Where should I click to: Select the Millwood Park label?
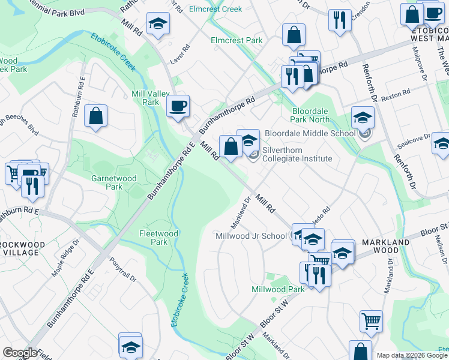[278, 289]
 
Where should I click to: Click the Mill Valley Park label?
[146, 98]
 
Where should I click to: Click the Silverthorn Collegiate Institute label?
[297, 154]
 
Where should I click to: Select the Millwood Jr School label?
[251, 236]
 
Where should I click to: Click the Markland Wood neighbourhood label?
[385, 246]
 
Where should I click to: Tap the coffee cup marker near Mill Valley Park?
[178, 107]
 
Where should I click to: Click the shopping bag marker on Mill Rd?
[231, 146]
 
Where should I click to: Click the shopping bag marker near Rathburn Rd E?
[96, 116]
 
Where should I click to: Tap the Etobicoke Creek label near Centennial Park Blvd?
[113, 50]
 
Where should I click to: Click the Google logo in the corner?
[19, 353]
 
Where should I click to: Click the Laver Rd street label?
[179, 53]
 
